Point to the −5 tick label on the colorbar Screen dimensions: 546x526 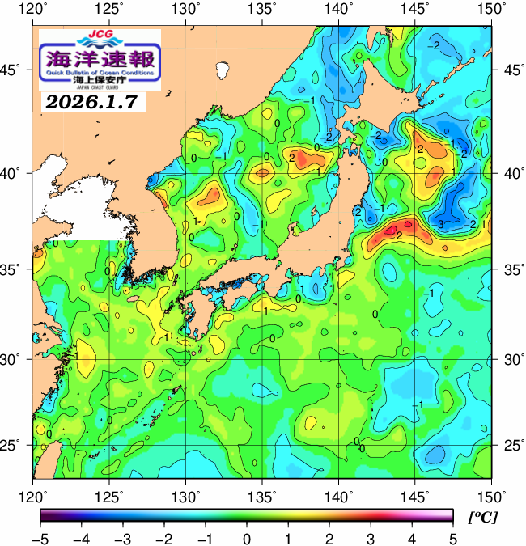tap(40, 538)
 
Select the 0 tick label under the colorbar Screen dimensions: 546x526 tap(246, 538)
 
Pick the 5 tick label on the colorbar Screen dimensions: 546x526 tap(452, 538)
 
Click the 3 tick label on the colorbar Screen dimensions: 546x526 tap(370, 538)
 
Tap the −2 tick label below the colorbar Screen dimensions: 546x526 tap(164, 538)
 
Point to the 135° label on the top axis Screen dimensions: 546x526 tap(263, 10)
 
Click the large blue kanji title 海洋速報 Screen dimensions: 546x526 tap(101, 59)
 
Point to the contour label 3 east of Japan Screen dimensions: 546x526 tap(441, 223)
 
